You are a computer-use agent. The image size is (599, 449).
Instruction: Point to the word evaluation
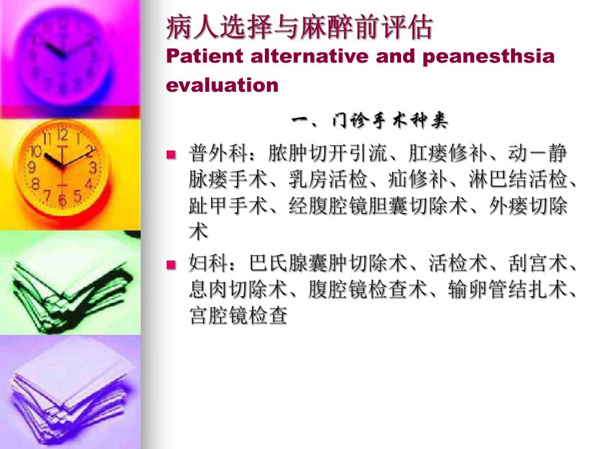point(223,85)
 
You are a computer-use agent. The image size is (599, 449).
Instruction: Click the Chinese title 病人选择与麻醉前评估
point(300,28)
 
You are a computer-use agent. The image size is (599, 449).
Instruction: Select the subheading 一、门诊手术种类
point(369,121)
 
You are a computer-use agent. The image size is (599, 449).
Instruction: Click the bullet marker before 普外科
point(171,155)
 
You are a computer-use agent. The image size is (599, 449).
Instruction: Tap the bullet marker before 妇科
point(171,265)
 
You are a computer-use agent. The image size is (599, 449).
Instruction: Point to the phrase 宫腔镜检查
point(238,318)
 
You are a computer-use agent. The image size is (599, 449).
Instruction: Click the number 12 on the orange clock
point(63,135)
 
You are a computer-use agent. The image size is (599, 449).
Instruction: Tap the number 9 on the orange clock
point(31,167)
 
